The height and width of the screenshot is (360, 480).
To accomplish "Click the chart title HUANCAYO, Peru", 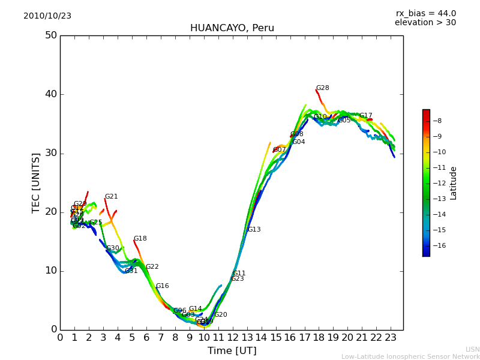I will tap(232, 28).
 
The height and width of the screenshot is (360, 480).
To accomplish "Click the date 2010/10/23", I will tap(47, 16).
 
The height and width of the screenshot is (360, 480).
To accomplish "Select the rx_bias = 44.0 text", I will tap(425, 13).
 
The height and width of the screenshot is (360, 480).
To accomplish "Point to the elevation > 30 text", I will tap(425, 23).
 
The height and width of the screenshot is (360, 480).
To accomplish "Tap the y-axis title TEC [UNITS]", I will tap(36, 182).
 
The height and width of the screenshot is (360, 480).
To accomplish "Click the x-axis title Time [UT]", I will tap(232, 350).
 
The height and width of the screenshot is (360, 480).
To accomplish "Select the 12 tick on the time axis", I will tap(233, 338).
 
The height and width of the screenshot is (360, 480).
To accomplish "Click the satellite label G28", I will tap(323, 88).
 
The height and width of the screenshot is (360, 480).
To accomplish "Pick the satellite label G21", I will tap(112, 197).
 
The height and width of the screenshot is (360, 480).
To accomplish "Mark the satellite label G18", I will tap(140, 239).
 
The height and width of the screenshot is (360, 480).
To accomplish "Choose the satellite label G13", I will tap(254, 230).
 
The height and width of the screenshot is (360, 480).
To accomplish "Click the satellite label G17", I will tap(366, 116).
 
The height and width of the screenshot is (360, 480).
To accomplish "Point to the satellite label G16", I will tap(163, 286).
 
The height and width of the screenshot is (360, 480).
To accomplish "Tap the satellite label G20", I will tap(221, 315).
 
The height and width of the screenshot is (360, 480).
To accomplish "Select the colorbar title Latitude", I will tap(454, 183).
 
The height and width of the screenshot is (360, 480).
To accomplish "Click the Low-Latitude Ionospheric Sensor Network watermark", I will tap(410, 356).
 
